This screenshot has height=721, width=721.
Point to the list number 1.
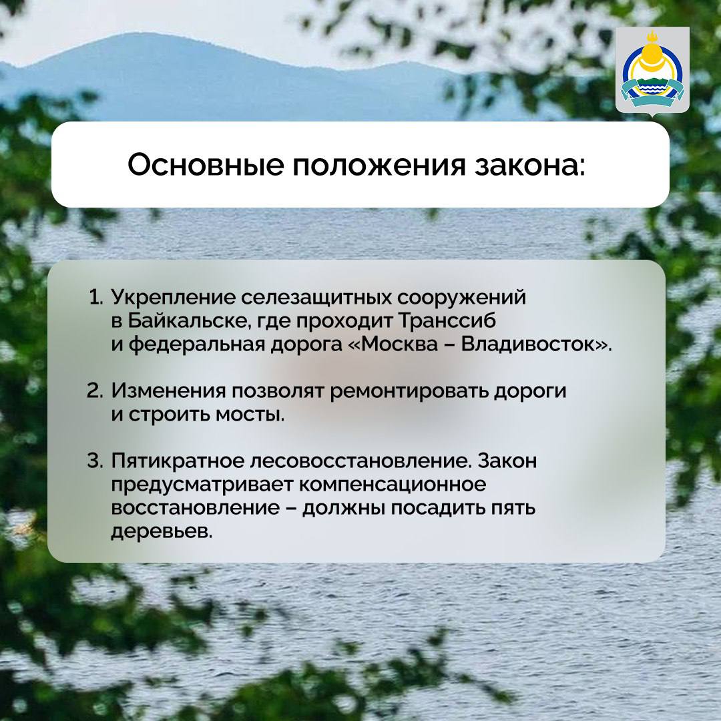click(x=97, y=296)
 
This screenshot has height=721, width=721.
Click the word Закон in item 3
click(x=508, y=461)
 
